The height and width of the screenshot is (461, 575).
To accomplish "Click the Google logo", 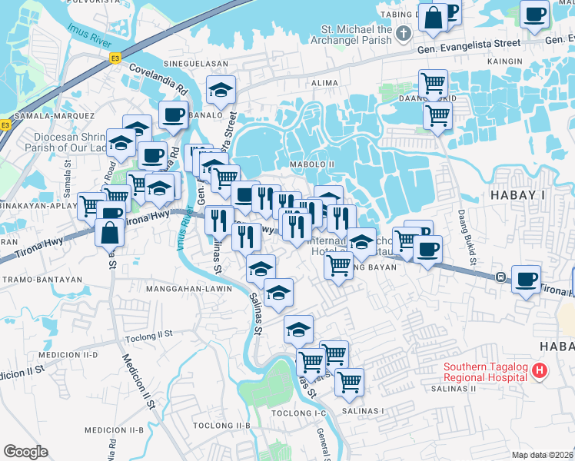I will coord(25,452).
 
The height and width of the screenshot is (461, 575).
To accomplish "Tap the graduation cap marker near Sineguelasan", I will coord(221,91).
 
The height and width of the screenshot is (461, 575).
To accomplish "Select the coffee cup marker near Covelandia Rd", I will coord(173,115).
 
